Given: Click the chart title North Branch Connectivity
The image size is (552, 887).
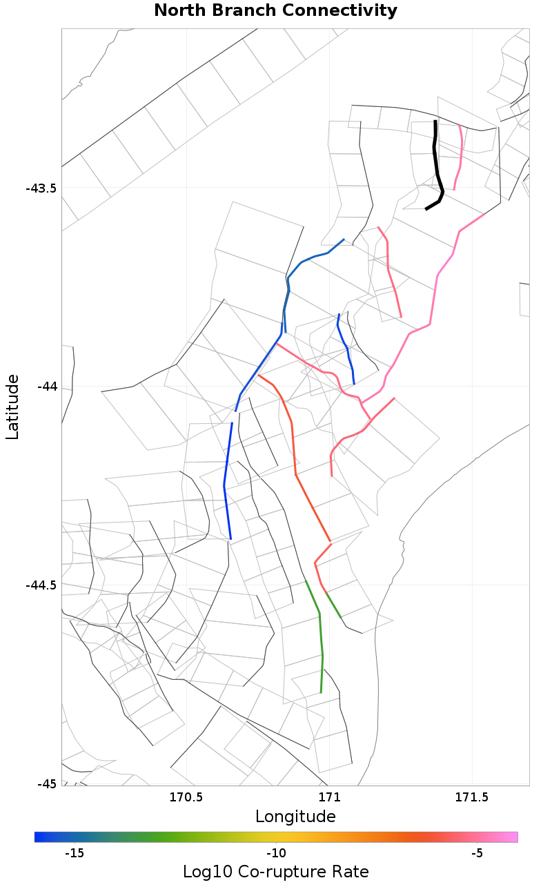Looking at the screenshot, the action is [x=275, y=11].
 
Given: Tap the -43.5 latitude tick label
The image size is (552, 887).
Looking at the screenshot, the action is [x=41, y=188].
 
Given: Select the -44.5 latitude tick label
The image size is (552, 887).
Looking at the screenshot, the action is [x=41, y=585].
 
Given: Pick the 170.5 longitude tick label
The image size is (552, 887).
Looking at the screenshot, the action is [x=186, y=799].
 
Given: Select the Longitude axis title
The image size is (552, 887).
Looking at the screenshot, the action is [x=295, y=817].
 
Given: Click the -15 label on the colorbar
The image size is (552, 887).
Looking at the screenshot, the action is [x=74, y=853].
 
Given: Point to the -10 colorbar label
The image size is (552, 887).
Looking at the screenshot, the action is [x=275, y=853].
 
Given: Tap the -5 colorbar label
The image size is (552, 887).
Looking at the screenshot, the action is [x=477, y=853].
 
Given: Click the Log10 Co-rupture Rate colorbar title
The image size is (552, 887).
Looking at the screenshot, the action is [x=275, y=872].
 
